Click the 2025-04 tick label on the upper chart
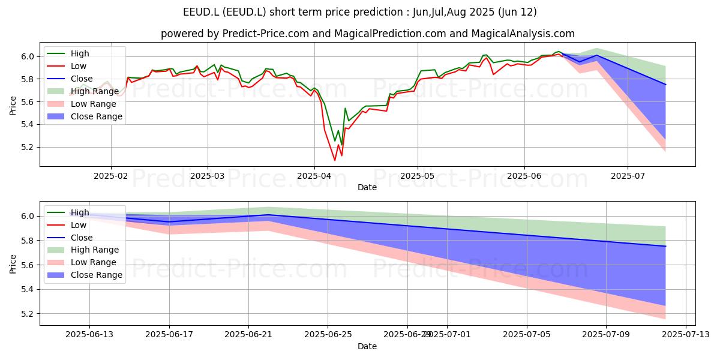point(314,176)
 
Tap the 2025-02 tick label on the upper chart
point(111,176)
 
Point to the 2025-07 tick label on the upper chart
point(628,176)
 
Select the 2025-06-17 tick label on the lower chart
point(169,335)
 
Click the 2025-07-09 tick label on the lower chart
point(606,335)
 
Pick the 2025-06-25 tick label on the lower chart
point(328,335)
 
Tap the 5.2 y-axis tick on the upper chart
point(28,148)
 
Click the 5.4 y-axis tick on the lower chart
point(28,290)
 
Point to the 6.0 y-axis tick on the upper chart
point(28,57)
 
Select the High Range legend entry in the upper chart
point(83,91)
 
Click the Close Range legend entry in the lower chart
point(85,275)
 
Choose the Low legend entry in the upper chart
point(67,66)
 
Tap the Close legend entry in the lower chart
point(70,238)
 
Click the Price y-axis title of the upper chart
point(13,106)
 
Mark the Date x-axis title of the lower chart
point(367,346)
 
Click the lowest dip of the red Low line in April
point(335,160)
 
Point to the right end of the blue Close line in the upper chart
point(665,85)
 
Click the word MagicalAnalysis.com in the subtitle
point(523,34)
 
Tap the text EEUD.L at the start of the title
point(201,12)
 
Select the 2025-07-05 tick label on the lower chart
point(527,335)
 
